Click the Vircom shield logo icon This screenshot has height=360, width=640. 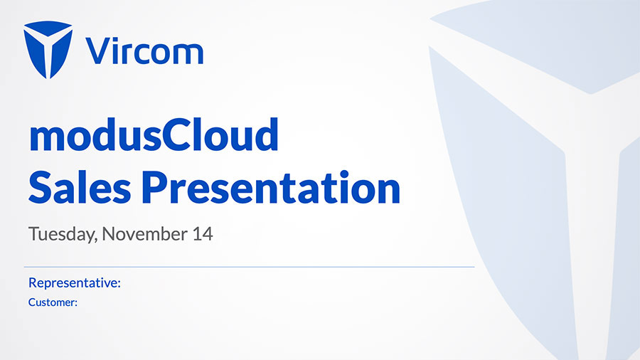click(x=48, y=49)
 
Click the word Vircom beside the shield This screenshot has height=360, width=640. click(x=144, y=51)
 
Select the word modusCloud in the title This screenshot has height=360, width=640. click(x=154, y=134)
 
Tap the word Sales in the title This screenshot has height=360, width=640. click(x=80, y=187)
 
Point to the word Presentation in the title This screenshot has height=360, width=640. click(x=271, y=187)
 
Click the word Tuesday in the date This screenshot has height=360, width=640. click(x=63, y=234)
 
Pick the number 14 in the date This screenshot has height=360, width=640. click(x=203, y=234)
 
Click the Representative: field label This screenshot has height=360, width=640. click(x=74, y=282)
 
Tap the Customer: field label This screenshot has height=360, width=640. click(x=53, y=302)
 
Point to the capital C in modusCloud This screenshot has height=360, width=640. click(x=176, y=134)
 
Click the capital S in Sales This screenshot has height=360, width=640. click(x=39, y=187)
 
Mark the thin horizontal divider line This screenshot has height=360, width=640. click(x=249, y=267)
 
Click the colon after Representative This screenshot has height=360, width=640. click(x=119, y=284)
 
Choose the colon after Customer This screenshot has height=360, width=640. click(x=76, y=304)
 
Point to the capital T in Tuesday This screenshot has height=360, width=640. click(x=34, y=234)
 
